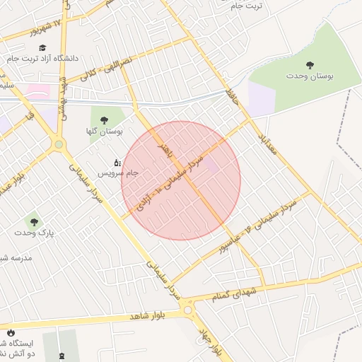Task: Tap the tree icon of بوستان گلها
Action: point(105,119)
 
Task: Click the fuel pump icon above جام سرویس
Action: point(117,162)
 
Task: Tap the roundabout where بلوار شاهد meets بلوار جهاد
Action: point(188,309)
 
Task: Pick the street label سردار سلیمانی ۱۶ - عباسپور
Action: point(264,226)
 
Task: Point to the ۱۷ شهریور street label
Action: point(45,26)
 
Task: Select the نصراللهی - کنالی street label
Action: point(108,71)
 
